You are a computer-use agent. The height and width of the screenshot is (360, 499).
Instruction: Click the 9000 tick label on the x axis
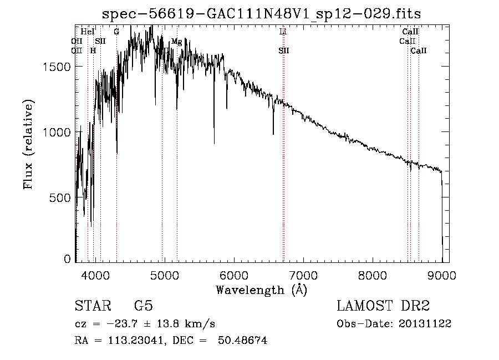(x=442, y=274)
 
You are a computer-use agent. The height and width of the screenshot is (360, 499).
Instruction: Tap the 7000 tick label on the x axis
(x=303, y=274)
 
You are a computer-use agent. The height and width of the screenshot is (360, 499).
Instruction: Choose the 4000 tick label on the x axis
(x=95, y=274)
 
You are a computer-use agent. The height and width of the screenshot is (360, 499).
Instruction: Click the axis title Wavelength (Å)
(x=261, y=290)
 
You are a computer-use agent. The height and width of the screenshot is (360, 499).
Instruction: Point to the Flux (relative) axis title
(x=28, y=144)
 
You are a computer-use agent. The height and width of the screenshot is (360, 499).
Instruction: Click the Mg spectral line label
(x=176, y=42)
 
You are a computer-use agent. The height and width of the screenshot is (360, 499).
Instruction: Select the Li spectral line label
(x=283, y=32)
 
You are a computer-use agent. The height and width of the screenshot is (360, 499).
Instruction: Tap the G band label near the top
(x=116, y=32)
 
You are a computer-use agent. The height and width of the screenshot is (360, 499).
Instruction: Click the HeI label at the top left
(x=88, y=32)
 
